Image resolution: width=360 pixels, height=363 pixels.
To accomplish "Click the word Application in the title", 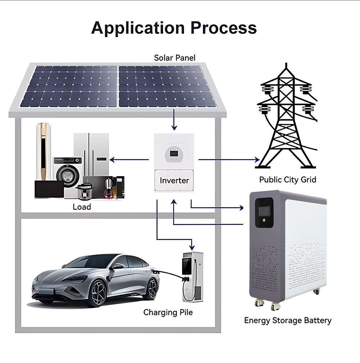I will click(x=137, y=28).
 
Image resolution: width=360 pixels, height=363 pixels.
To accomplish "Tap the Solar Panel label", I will click(x=175, y=58).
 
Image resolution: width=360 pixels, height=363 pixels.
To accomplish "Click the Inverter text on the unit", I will click(x=174, y=180).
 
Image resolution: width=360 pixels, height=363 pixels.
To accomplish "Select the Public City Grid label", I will click(x=288, y=180).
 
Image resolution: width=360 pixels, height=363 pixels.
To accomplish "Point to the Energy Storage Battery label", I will click(x=288, y=320).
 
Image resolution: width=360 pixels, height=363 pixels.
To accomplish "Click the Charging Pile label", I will click(x=168, y=312).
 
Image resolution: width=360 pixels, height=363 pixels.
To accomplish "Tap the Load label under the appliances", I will click(x=82, y=207).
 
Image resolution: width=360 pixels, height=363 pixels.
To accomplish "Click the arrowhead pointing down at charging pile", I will click(x=192, y=247).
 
